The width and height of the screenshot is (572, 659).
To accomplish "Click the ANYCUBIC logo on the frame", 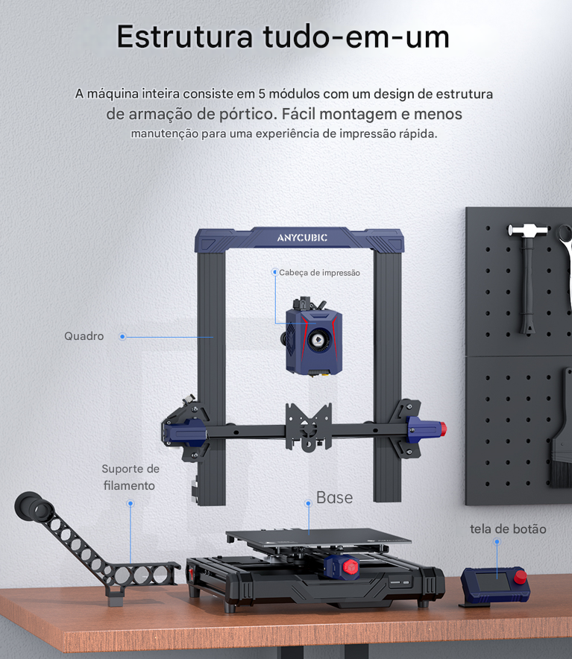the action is coord(302,238).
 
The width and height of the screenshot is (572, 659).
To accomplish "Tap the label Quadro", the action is coord(84,336).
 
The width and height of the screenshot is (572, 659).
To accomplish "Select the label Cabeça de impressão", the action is coord(320,273).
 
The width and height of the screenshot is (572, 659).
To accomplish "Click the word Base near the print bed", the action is coord(334,498).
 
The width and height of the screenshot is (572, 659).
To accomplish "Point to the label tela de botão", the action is coord(508,529).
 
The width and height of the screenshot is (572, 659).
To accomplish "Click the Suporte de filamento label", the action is coord(131,477).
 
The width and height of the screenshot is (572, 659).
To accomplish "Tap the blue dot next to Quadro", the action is coord(122,337).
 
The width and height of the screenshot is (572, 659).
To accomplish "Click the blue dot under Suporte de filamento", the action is coord(131,503).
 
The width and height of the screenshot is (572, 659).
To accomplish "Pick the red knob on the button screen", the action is coord(521,577).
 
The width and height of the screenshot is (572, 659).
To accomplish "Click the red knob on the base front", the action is coord(350,567).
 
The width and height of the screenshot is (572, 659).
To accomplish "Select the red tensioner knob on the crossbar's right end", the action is coord(443,429).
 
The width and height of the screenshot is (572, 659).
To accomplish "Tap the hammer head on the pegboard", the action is coord(528,230).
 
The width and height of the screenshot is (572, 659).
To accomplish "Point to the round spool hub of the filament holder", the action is coord(34,507).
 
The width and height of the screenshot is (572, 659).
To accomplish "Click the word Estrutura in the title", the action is coord(185,37).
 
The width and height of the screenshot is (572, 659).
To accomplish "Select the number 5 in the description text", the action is coord(262,94).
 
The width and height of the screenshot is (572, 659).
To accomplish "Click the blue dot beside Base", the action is coord(308,503).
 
